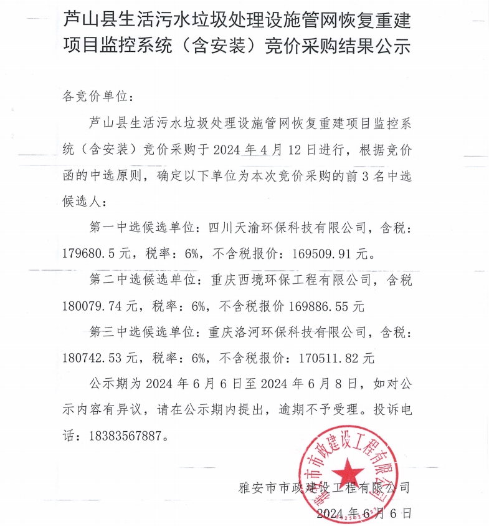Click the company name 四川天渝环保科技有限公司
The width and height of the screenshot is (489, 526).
[287, 229]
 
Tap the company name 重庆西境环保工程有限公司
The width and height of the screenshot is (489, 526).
[287, 281]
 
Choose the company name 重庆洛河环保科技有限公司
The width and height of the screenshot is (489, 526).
[287, 333]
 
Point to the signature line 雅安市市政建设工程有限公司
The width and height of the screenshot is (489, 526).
[324, 487]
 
